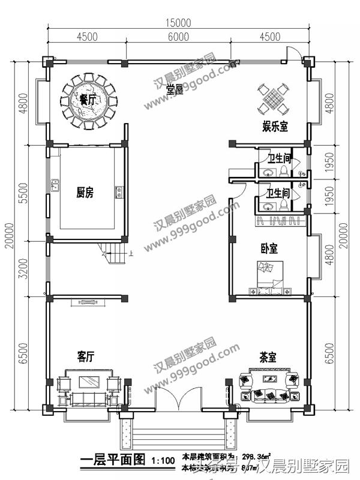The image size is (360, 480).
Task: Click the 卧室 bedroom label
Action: pos(269,247)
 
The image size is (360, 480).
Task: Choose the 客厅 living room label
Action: pos(86,356)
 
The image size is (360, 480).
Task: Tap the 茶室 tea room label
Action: pos(268,357)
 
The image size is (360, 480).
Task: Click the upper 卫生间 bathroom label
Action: pos(279,158)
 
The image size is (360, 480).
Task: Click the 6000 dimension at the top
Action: pos(179,37)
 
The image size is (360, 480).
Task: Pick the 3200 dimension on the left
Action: pos(25,269)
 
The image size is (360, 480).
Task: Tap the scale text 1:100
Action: pos(163,461)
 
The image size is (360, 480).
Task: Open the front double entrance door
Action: pos(178,399)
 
